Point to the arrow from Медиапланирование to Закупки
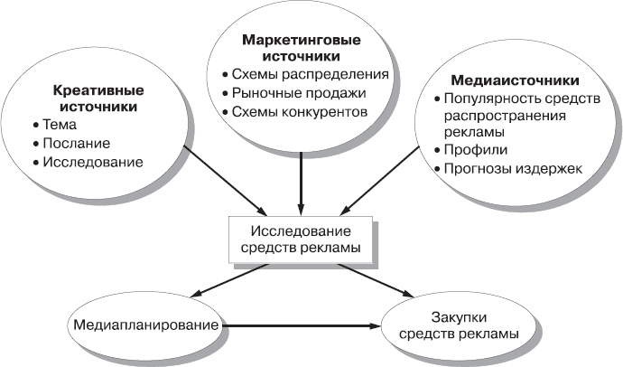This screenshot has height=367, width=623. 302,325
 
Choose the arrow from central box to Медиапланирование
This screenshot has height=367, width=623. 229,278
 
